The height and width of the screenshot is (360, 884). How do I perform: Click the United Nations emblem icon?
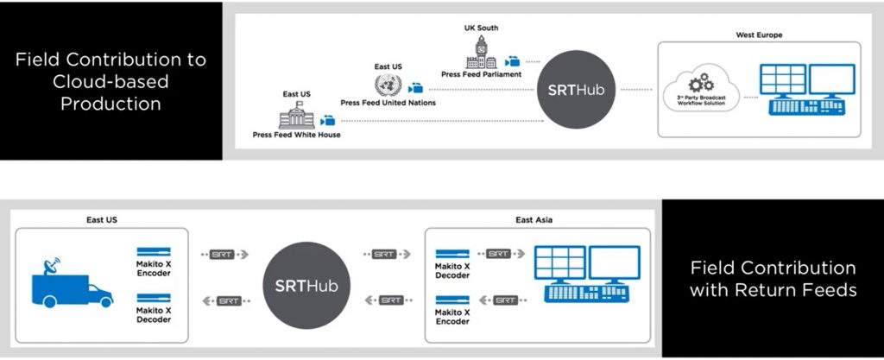pyautogui.click(x=388, y=85)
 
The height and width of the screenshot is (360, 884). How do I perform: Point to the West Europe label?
pyautogui.click(x=759, y=35)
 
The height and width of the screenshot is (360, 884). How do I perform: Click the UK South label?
pyautogui.click(x=480, y=28)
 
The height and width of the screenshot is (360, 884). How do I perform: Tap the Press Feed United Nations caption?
pyautogui.click(x=388, y=103)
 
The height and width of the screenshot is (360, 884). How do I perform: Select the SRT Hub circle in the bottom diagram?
pyautogui.click(x=306, y=285)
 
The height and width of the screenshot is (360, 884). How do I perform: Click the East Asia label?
pyautogui.click(x=535, y=220)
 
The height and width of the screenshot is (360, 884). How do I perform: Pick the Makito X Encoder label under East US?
pyautogui.click(x=154, y=268)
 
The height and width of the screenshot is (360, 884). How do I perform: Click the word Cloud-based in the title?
pyautogui.click(x=110, y=82)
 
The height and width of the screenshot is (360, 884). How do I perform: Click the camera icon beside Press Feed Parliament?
pyautogui.click(x=513, y=62)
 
